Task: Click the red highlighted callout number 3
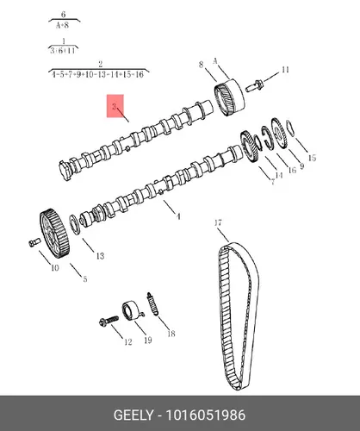pyautogui.click(x=115, y=107)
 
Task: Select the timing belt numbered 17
pyautogui.click(x=238, y=316)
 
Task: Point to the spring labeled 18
pyautogui.click(x=152, y=303)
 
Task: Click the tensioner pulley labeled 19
pyautogui.click(x=133, y=310)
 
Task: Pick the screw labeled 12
pyautogui.click(x=109, y=321)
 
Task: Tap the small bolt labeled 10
pyautogui.click(x=33, y=242)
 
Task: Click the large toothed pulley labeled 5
pyautogui.click(x=54, y=234)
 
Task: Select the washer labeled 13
pyautogui.click(x=74, y=224)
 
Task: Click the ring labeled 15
pyautogui.click(x=290, y=128)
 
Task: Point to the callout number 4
pyautogui.click(x=178, y=216)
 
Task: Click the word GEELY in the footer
pyautogui.click(x=133, y=415)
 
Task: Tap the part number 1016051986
pyautogui.click(x=206, y=415)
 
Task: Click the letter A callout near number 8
pyautogui.click(x=215, y=61)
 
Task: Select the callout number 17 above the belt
pyautogui.click(x=218, y=222)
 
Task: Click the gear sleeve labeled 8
pyautogui.click(x=230, y=97)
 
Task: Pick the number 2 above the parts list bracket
pyautogui.click(x=100, y=64)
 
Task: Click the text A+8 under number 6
pyautogui.click(x=62, y=25)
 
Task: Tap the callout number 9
pyautogui.click(x=301, y=166)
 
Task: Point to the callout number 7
pyautogui.click(x=273, y=181)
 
